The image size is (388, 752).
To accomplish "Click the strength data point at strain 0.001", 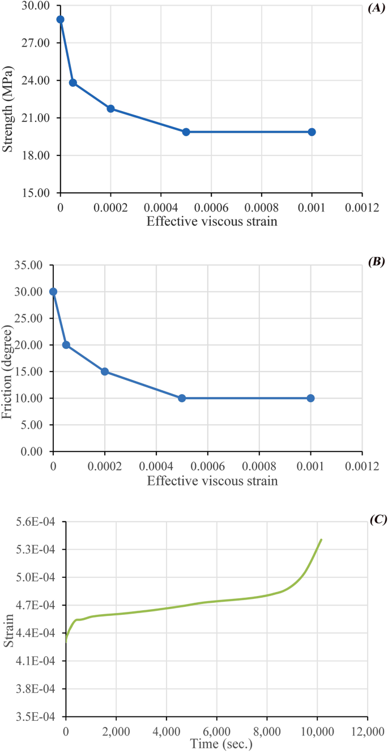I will [312, 132].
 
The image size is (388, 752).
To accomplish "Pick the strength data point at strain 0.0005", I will [186, 132].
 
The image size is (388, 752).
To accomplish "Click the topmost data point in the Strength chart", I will [60, 19].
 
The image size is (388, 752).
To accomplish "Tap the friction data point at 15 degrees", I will [105, 371].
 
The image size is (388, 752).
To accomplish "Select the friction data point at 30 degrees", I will [53, 291].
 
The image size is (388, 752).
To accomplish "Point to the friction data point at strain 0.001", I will [310, 398].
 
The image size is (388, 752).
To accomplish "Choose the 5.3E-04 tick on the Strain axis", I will [42, 550].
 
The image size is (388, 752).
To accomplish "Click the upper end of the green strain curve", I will [321, 540].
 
